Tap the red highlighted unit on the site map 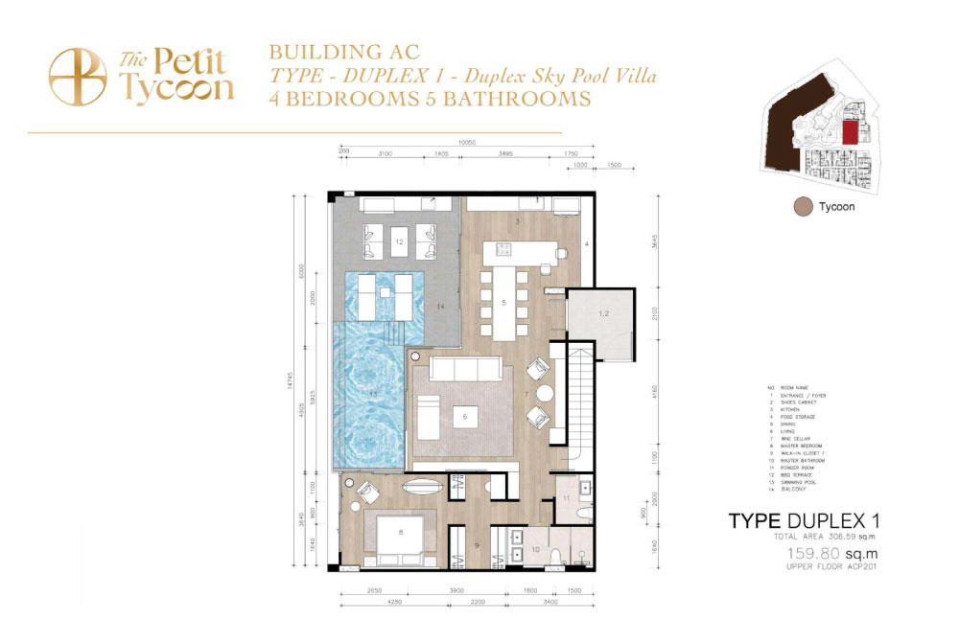[x=849, y=133]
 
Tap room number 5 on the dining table [x=504, y=303]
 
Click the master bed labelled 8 [x=400, y=535]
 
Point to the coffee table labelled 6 [x=464, y=417]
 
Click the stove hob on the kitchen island [x=503, y=252]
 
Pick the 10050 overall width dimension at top [x=467, y=143]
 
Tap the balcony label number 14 [x=440, y=307]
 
